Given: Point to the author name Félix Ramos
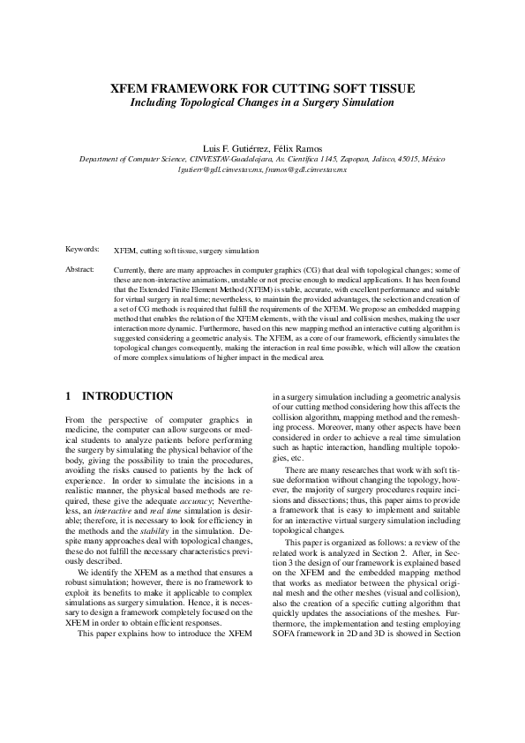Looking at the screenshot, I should pyautogui.click(x=296, y=147).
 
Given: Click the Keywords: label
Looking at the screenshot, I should pyautogui.click(x=83, y=251).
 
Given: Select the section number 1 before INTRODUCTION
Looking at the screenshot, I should pyautogui.click(x=70, y=396).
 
